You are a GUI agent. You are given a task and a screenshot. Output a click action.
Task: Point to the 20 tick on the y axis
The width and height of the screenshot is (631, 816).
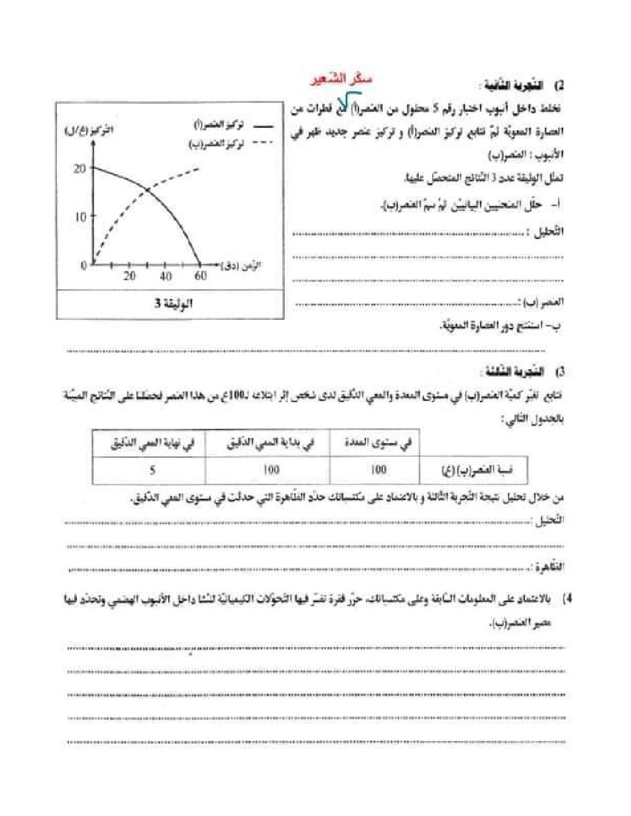(x=79, y=169)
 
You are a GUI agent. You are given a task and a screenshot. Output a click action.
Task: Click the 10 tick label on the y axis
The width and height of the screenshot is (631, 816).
(x=79, y=217)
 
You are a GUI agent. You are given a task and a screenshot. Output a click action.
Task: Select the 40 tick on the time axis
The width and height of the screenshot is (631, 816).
(x=165, y=276)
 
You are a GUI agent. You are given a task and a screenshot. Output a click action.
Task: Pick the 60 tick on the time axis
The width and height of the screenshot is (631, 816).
(x=201, y=276)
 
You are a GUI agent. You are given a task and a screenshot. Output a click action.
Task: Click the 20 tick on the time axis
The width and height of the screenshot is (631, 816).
(x=129, y=276)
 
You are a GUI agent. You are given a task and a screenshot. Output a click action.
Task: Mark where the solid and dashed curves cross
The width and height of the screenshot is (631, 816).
(x=147, y=190)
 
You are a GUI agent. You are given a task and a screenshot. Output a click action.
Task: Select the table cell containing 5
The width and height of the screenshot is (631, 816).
(x=152, y=469)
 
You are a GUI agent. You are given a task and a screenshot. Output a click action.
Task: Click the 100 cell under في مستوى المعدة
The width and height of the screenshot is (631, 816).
(x=378, y=469)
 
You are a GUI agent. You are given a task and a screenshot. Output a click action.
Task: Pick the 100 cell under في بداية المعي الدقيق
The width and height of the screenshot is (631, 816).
(x=271, y=469)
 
